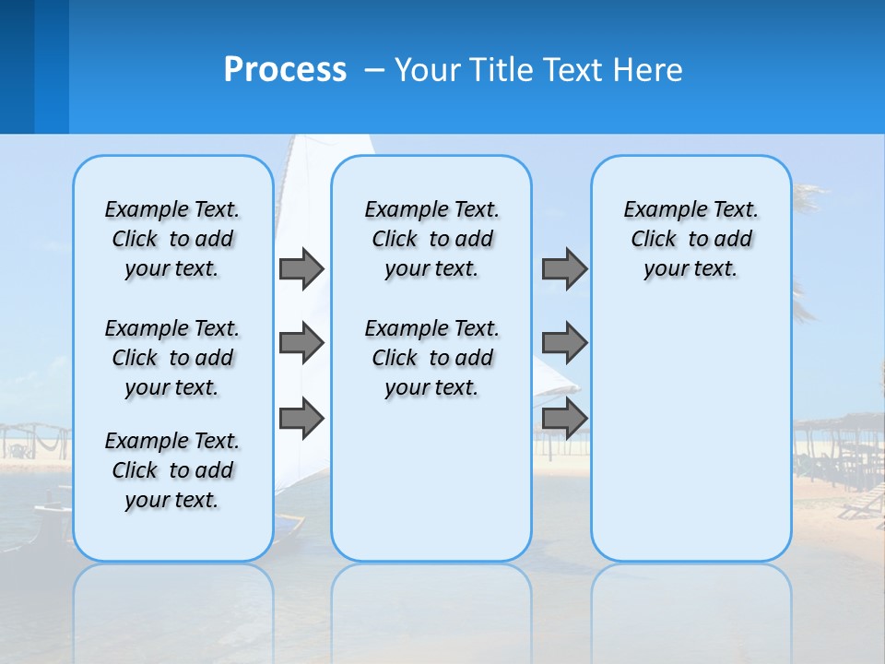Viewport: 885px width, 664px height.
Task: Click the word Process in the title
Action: click(x=285, y=70)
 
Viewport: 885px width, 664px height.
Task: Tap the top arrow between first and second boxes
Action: click(x=301, y=268)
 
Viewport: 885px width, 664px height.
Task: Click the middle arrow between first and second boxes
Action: click(x=301, y=343)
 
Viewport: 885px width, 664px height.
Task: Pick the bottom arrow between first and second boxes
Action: click(x=301, y=418)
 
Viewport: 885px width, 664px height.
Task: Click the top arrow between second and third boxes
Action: click(x=564, y=268)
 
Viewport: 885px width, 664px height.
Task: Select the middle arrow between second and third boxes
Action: click(x=564, y=343)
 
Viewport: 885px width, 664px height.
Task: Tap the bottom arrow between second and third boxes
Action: click(x=564, y=418)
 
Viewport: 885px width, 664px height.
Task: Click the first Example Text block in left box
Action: click(x=172, y=239)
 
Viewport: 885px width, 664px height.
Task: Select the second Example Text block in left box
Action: click(x=172, y=358)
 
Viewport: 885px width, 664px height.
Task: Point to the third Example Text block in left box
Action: click(x=172, y=470)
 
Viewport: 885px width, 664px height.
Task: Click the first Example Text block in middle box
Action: click(x=431, y=239)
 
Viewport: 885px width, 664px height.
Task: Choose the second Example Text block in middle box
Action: click(x=431, y=358)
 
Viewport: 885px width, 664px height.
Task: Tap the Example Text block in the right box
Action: click(x=690, y=239)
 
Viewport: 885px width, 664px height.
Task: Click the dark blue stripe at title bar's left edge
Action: click(x=17, y=66)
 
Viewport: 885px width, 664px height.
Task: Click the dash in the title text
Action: click(x=375, y=70)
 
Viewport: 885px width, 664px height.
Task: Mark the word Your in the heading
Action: click(x=430, y=70)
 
